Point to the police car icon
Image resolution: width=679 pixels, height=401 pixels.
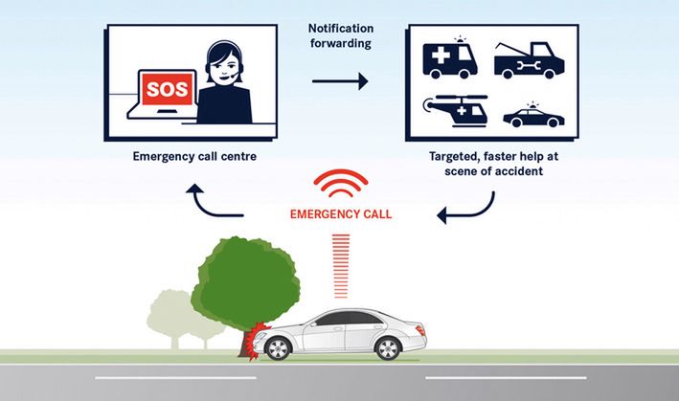tap(533, 117)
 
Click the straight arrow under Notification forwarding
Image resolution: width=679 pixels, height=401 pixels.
tap(340, 82)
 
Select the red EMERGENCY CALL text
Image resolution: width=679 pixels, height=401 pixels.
tap(341, 214)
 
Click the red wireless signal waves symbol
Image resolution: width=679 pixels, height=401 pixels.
tap(341, 184)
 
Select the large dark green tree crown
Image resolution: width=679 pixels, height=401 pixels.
tap(243, 278)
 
